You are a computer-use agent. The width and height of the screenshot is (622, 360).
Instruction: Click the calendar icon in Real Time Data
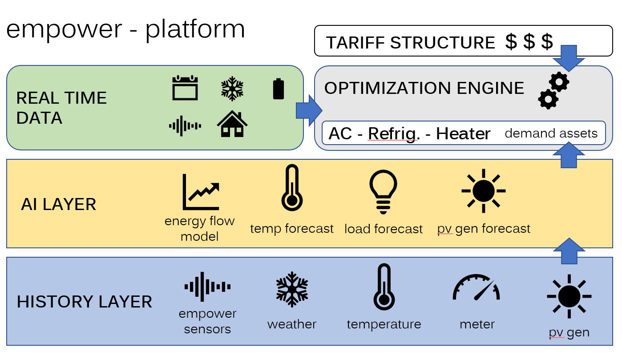pyautogui.click(x=185, y=88)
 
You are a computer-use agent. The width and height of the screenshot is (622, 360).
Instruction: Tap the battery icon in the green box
pyautogui.click(x=279, y=89)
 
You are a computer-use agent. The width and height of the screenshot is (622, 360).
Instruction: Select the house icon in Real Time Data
pyautogui.click(x=232, y=124)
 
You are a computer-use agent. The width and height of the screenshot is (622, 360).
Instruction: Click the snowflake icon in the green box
pyautogui.click(x=232, y=88)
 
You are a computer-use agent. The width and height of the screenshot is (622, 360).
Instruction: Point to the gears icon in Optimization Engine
pyautogui.click(x=553, y=91)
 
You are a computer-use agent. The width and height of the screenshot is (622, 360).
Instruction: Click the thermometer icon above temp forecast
pyautogui.click(x=292, y=188)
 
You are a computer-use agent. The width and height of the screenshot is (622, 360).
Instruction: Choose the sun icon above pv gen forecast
pyautogui.click(x=484, y=191)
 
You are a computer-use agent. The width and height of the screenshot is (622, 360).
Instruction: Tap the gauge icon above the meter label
pyautogui.click(x=477, y=287)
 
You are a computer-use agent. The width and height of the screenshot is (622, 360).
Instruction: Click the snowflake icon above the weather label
pyautogui.click(x=292, y=289)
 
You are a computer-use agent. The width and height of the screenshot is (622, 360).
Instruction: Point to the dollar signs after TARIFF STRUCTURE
pyautogui.click(x=529, y=42)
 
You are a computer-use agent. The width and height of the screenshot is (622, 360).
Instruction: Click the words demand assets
pyautogui.click(x=551, y=133)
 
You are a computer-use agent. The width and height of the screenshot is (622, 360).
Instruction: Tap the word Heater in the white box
pyautogui.click(x=463, y=133)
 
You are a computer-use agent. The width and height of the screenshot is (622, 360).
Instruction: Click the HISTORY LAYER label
pyautogui.click(x=85, y=302)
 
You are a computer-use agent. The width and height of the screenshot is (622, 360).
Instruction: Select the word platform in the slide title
pyautogui.click(x=195, y=29)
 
